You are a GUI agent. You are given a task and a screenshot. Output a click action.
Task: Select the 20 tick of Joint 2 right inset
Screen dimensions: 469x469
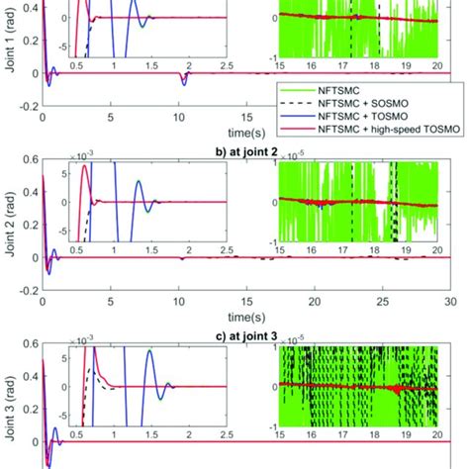(x=436, y=245)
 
